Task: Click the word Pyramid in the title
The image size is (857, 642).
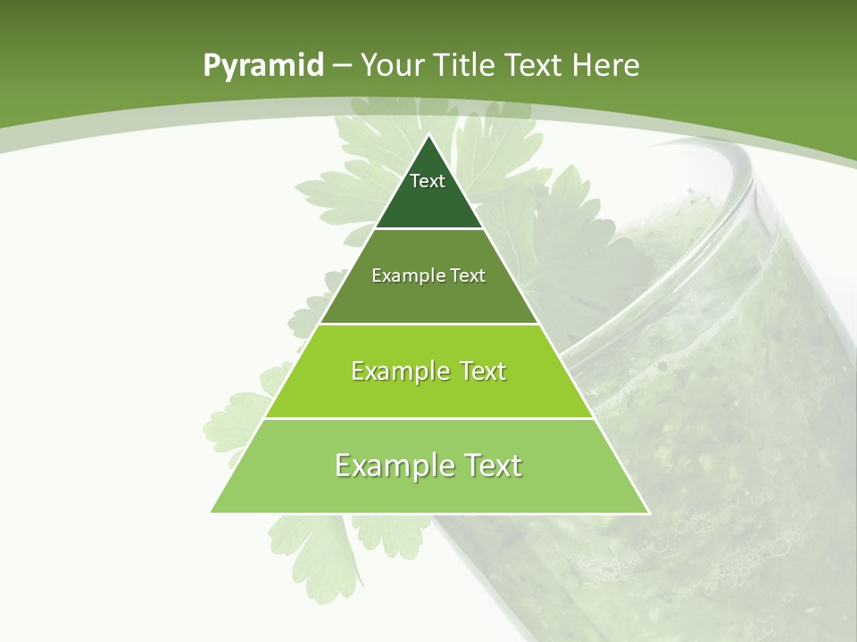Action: click(x=262, y=66)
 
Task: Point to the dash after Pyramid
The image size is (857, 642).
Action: click(x=341, y=67)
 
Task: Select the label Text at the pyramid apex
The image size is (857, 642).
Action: click(x=428, y=181)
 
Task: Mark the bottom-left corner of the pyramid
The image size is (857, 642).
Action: click(x=212, y=512)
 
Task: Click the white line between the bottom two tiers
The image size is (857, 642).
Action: click(x=429, y=418)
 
